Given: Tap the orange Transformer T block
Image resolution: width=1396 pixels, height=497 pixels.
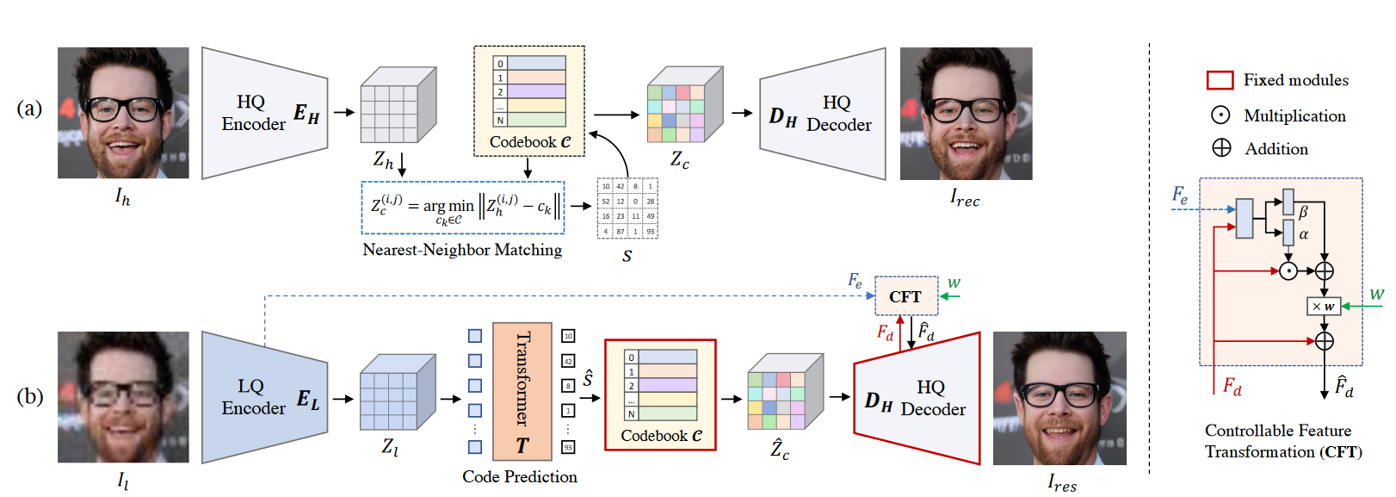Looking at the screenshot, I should (x=522, y=391).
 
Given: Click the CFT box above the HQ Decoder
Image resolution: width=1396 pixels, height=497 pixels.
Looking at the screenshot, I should (x=905, y=296).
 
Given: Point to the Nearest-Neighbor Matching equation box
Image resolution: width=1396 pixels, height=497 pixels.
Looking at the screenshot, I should (x=463, y=208).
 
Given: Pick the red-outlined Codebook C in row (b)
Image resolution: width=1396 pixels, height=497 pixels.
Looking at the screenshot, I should (x=660, y=394).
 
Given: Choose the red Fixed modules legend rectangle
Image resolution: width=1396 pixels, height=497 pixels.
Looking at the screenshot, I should (x=1220, y=80).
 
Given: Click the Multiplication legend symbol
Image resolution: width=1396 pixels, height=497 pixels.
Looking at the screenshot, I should (x=1220, y=115).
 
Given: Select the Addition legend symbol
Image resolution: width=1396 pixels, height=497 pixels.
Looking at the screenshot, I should (x=1221, y=148).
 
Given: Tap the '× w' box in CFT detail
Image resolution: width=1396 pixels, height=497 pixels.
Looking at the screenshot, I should (x=1324, y=306).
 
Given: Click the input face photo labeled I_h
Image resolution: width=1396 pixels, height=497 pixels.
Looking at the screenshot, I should (x=123, y=113).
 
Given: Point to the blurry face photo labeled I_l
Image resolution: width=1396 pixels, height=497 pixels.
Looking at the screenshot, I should (x=123, y=397).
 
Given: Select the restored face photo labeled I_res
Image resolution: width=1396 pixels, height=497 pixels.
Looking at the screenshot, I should (x=1059, y=398).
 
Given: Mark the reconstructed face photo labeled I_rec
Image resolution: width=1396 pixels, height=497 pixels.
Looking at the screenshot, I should (x=966, y=113).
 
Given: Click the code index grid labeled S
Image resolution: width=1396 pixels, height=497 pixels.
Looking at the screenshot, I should (x=627, y=208).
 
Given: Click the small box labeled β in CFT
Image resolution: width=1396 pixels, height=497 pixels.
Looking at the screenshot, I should (x=1288, y=202).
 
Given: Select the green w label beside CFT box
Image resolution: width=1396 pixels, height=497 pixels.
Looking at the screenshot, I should (x=954, y=283).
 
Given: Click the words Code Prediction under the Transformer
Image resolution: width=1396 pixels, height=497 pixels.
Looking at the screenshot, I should (x=519, y=476).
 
